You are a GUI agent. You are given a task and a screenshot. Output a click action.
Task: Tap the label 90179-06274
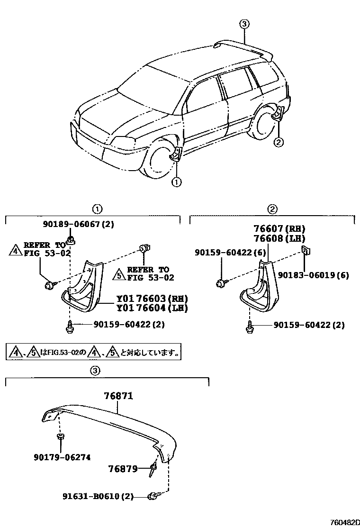[x=62, y=457]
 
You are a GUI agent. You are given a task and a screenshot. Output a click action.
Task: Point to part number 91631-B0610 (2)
[x=98, y=496]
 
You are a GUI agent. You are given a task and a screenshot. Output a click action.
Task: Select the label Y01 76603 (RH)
[x=152, y=299]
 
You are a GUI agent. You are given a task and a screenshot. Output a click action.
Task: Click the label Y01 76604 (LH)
[x=152, y=309]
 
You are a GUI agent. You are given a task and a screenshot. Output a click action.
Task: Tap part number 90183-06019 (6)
[x=313, y=275]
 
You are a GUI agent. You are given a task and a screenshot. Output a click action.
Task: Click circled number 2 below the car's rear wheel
[x=279, y=141]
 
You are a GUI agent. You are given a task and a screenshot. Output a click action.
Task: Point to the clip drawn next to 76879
[x=153, y=470]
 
